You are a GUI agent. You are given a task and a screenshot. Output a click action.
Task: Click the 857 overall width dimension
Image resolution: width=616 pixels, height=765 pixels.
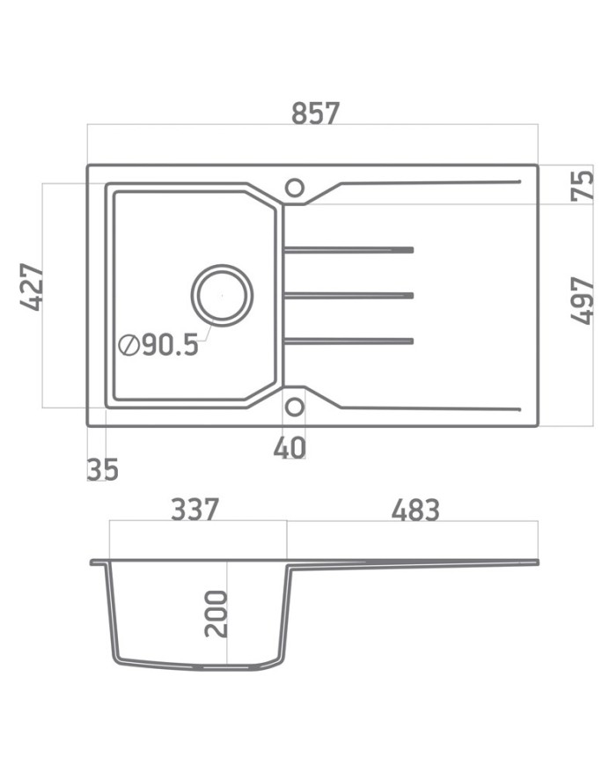314,114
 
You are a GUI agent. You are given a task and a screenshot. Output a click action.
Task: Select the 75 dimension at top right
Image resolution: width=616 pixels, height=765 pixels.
582,185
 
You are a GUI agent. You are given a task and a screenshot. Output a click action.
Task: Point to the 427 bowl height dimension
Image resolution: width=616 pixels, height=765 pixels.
33,286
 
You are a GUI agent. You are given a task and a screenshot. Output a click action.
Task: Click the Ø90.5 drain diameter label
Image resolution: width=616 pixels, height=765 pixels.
159,345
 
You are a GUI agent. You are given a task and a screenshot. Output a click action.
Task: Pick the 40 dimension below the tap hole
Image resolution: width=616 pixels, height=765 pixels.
290,447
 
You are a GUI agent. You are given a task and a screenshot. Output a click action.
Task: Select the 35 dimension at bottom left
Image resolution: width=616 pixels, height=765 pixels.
102,469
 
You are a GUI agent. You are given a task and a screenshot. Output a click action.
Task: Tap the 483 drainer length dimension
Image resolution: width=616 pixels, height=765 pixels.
414,509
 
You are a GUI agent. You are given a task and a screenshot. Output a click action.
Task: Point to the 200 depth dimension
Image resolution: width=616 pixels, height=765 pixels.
216,614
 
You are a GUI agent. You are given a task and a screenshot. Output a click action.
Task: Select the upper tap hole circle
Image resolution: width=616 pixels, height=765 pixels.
294,187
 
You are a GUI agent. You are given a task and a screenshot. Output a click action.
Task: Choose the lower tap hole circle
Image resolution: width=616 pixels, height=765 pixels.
294,406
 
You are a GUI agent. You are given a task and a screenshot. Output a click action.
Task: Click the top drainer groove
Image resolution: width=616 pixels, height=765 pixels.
348,250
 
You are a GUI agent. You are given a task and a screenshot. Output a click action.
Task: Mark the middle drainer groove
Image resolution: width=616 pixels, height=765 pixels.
348,295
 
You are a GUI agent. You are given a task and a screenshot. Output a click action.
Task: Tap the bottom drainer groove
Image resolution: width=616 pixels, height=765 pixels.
348,341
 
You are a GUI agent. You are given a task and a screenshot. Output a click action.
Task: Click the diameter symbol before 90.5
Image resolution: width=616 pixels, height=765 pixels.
128,346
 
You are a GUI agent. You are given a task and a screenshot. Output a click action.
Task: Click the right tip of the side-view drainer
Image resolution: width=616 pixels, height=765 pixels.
537,561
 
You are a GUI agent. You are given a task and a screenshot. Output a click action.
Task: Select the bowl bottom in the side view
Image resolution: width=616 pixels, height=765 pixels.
198,666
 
